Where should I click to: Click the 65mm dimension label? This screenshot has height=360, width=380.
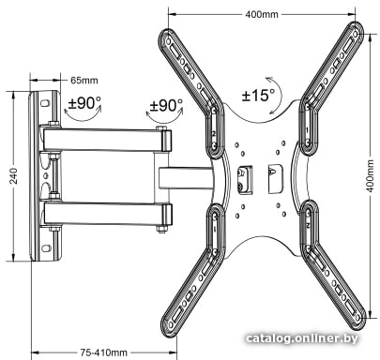pos(84,81)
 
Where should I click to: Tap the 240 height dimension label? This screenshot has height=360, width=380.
pos(14,175)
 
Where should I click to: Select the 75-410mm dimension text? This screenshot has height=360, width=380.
pos(104,352)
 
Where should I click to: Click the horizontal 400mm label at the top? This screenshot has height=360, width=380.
pos(262,14)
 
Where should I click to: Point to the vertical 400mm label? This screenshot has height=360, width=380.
pos(370,175)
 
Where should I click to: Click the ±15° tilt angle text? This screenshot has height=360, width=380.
pos(258,95)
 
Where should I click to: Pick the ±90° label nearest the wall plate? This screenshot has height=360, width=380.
pos(84,102)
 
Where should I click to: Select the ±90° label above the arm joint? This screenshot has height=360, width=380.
pos(166,106)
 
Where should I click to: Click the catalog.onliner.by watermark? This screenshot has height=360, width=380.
pos(302,338)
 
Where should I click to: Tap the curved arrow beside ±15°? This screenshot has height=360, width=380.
pos(281,94)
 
